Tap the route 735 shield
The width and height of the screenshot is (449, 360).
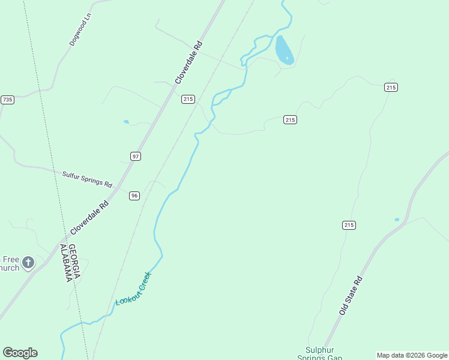coord(7,100)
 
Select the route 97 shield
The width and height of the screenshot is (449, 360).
coord(136,156)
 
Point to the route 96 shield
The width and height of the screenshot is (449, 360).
coord(134,196)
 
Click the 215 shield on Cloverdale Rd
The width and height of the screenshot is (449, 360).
coord(188,99)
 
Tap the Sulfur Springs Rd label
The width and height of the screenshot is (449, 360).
coord(87,179)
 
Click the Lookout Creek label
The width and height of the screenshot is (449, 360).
coord(133,289)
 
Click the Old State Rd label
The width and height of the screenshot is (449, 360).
coord(351,295)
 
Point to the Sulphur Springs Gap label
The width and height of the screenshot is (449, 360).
coord(320,353)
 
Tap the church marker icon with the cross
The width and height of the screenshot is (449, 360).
coord(28,263)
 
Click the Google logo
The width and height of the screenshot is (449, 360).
coord(20,353)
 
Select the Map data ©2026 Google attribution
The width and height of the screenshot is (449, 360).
coord(412,355)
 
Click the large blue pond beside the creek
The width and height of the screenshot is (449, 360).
coord(283,50)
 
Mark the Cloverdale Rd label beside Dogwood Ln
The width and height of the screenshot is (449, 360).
coord(190,62)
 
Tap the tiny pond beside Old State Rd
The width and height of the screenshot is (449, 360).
coord(397,220)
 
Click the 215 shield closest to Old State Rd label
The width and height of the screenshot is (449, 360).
coord(349,225)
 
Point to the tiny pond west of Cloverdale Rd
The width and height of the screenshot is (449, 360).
coord(126,122)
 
